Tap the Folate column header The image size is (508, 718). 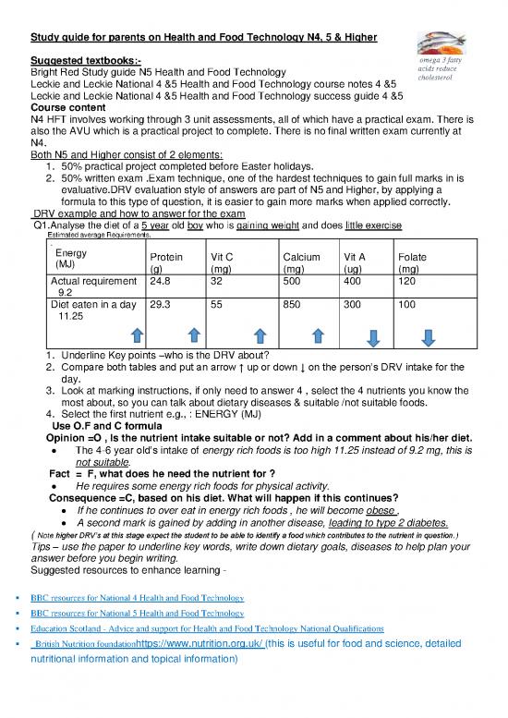pos(411,258)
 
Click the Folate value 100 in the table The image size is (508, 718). pos(406,303)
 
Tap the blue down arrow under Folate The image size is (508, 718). pos(429,336)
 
